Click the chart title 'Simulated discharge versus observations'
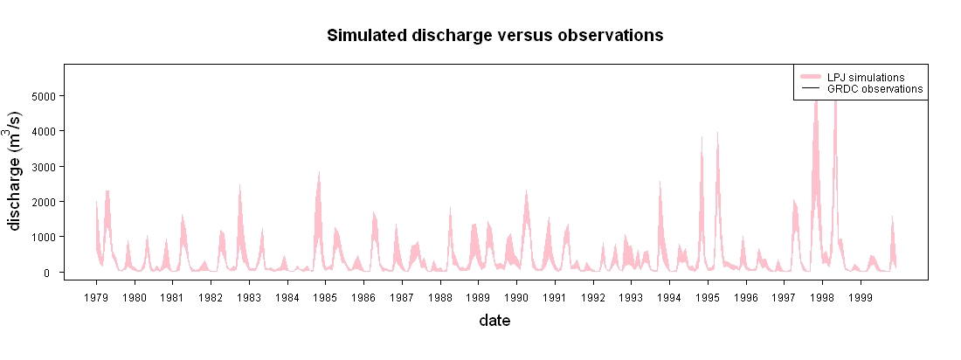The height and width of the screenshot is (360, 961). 495,36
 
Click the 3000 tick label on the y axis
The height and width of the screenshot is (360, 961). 43,167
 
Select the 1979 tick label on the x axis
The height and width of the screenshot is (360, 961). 96,297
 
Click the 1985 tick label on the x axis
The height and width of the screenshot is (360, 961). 326,297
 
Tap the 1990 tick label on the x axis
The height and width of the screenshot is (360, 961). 516,297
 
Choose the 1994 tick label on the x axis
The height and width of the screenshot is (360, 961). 670,297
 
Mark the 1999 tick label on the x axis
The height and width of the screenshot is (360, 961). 861,297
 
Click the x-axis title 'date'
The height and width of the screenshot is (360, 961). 494,320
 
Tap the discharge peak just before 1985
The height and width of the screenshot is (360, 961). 319,173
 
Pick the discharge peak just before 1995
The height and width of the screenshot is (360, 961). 702,137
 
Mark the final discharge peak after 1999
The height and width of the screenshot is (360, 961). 892,217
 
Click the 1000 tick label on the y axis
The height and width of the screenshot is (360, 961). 43,238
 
